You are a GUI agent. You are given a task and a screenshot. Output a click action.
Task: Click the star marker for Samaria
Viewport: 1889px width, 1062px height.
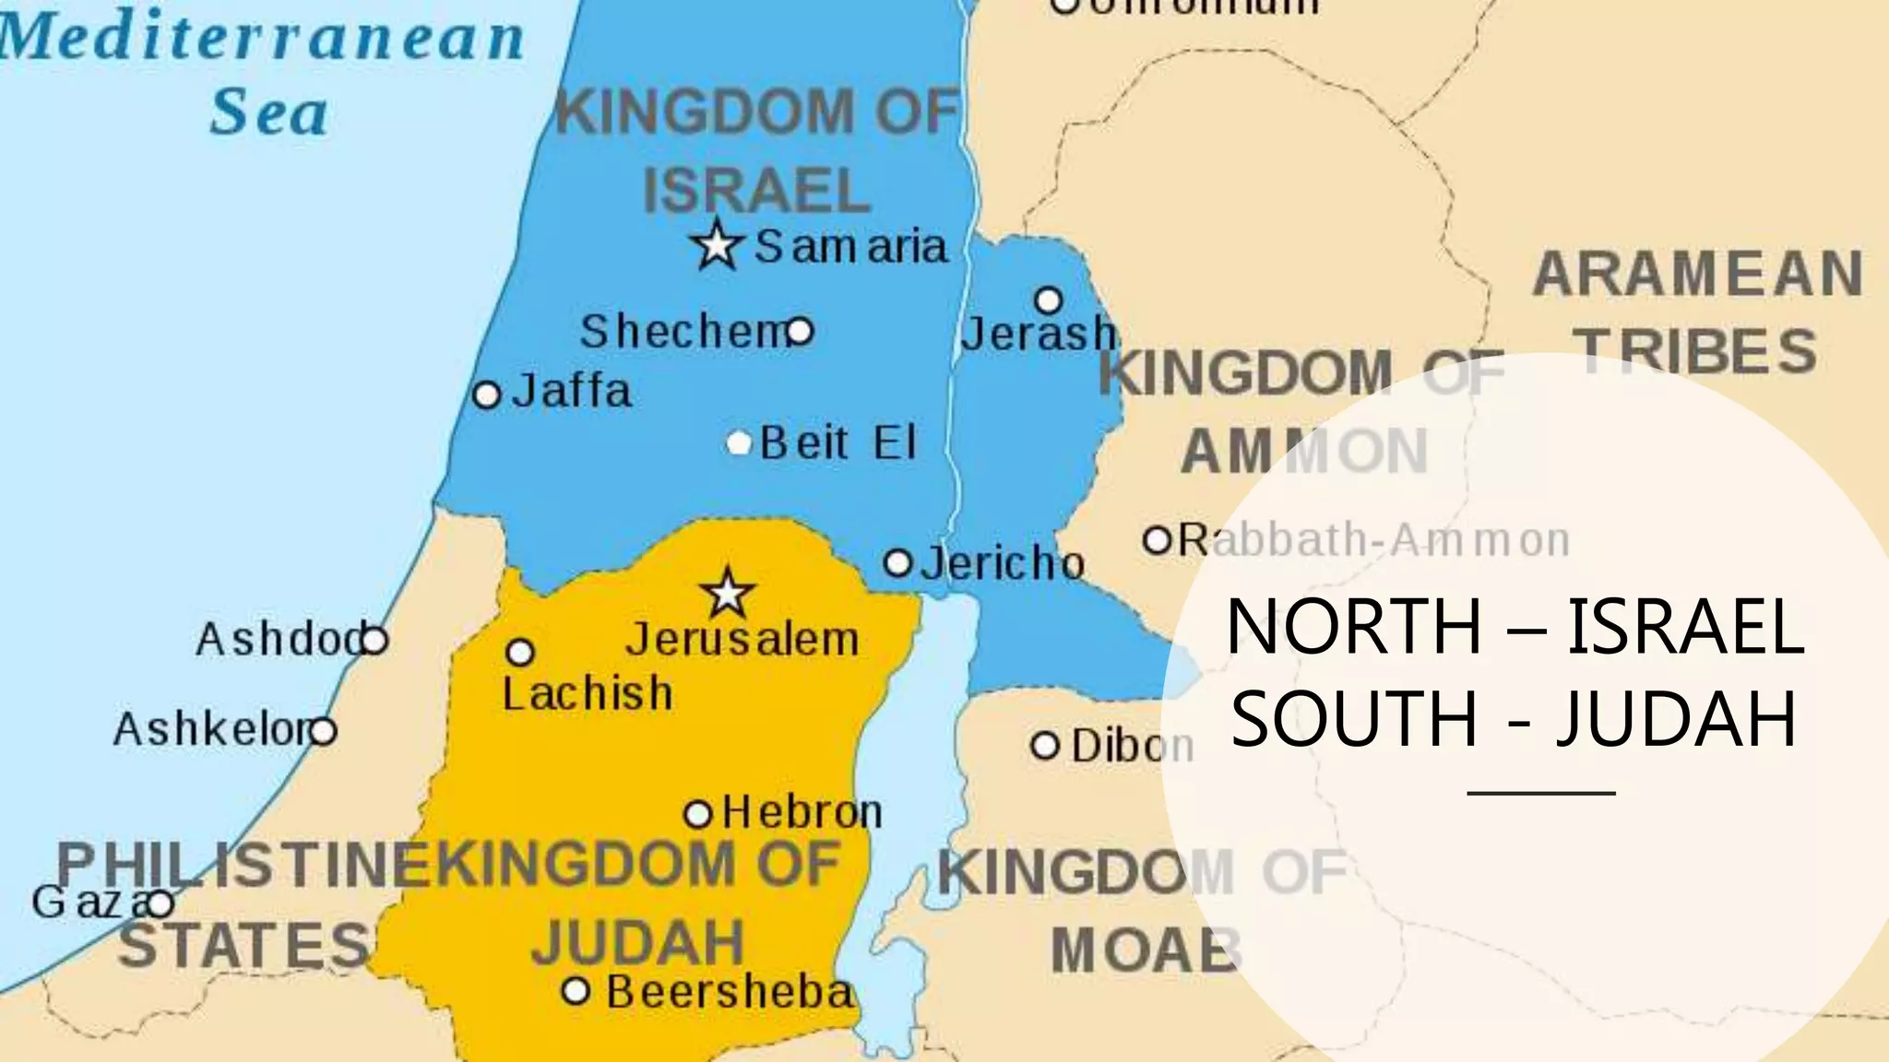coord(717,245)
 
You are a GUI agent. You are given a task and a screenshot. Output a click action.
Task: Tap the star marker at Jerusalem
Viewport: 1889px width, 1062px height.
coord(728,593)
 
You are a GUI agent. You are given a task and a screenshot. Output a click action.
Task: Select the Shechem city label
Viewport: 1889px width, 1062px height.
coord(683,332)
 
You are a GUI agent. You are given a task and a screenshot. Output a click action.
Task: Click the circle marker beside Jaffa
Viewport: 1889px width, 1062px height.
coord(486,395)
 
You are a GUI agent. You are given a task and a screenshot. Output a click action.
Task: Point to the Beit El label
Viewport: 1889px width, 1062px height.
coord(838,443)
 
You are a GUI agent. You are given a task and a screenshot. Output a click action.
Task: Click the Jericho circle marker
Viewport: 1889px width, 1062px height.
coord(897,563)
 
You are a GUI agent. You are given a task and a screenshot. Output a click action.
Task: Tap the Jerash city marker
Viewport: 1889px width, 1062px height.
coord(1049,301)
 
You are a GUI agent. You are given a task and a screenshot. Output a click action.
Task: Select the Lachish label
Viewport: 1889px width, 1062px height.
coord(588,693)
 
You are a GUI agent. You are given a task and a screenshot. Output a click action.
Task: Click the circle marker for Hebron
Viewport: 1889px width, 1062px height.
coord(698,815)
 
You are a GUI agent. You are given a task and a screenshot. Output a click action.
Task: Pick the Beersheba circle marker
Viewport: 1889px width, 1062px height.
coord(576,992)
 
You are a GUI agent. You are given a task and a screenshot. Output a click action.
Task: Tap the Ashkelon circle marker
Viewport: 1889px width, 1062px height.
coord(323,732)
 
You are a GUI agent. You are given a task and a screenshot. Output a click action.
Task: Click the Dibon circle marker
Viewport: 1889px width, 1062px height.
coord(1045,746)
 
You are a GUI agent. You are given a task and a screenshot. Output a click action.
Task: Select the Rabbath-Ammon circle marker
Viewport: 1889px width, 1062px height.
coord(1157,539)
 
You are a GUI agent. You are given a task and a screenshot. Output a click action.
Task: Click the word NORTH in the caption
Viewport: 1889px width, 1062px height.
coord(1353,627)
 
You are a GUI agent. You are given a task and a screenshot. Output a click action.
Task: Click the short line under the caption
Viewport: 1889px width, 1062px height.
coord(1541,793)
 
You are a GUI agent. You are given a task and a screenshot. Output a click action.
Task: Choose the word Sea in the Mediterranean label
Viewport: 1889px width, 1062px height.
coord(268,112)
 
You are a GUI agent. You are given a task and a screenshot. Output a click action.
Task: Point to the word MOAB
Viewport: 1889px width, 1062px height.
coord(1145,950)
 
